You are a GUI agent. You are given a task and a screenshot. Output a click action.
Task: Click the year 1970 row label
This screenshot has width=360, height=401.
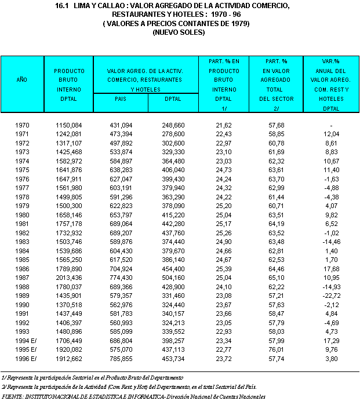(22, 125)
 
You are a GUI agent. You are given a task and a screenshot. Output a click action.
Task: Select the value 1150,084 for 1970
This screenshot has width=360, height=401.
(69, 125)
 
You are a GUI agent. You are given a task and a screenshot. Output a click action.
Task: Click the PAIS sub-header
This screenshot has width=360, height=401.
(121, 99)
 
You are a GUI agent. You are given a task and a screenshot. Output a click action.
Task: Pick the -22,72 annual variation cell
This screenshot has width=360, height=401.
(331, 295)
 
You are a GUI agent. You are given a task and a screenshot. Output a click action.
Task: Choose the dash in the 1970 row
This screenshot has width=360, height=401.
(331, 125)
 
